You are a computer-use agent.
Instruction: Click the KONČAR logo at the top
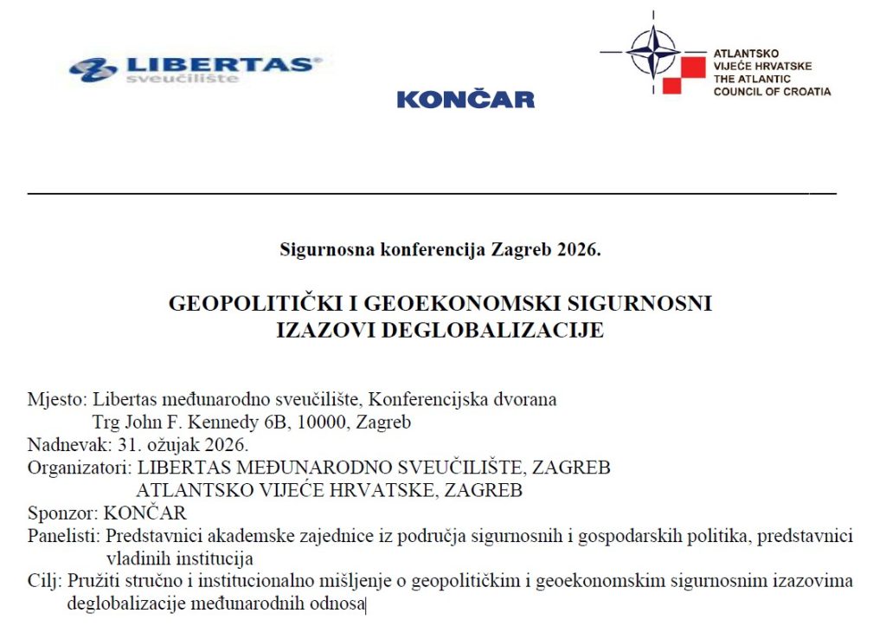click(465, 100)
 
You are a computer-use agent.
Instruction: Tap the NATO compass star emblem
click(653, 51)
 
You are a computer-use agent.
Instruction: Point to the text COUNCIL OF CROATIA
click(772, 91)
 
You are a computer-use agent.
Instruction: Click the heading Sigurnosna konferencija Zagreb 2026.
click(440, 250)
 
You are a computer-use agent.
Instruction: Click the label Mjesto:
click(56, 400)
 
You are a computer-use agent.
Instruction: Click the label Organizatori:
click(79, 468)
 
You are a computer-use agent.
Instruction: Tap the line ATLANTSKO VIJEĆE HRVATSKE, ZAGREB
click(329, 491)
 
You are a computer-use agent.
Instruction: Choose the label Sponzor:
click(62, 513)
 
